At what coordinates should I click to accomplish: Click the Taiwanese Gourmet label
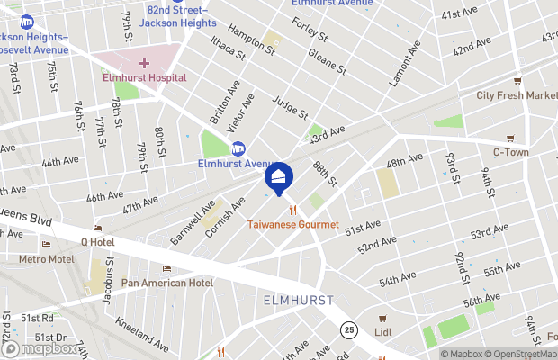293,225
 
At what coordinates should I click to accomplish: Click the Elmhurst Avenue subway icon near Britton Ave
238,148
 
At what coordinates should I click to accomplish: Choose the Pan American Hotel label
167,283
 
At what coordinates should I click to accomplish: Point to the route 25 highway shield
348,331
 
